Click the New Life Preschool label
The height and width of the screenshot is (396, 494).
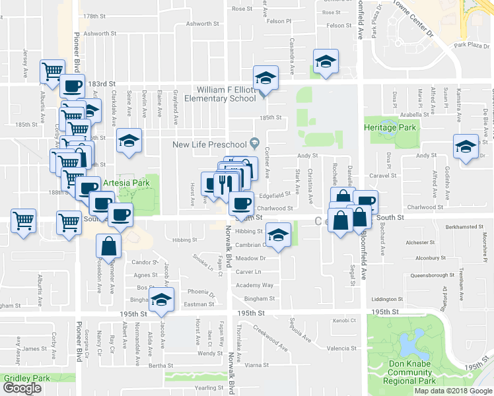pos(209,145)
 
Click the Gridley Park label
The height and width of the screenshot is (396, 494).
pos(26,378)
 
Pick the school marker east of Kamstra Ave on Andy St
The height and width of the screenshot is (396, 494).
pos(465,147)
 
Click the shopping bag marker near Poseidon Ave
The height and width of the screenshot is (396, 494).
pos(108,247)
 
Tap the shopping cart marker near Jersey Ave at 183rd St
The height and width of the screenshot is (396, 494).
pos(52,71)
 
